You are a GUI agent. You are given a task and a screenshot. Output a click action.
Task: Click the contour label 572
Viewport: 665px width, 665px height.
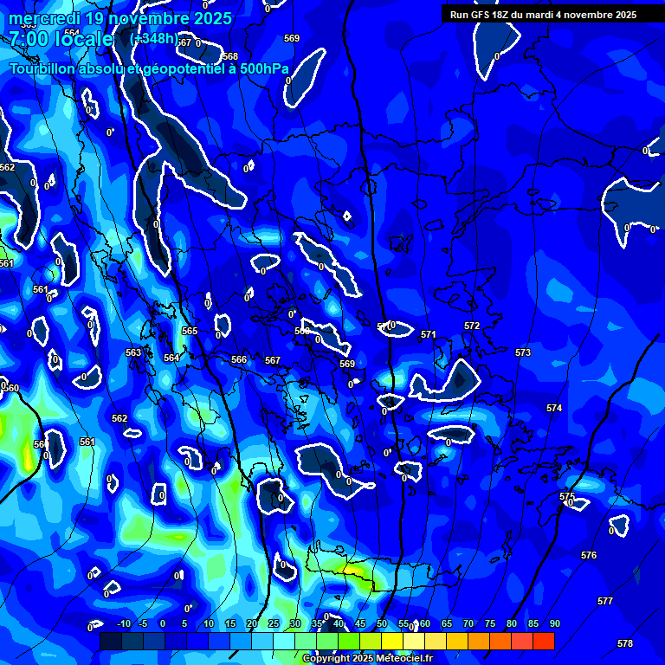[x=471, y=326]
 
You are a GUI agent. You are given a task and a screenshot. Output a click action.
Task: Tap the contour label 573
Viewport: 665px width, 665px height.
[x=522, y=352]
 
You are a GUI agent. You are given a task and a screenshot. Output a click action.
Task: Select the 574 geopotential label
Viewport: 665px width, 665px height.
[x=554, y=407]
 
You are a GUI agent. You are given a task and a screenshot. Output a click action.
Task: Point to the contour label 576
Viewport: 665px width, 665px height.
[x=589, y=555]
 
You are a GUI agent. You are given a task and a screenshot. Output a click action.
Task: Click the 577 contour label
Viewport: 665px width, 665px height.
[x=605, y=601]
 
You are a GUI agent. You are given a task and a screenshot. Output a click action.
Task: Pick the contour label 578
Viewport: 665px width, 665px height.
[x=625, y=643]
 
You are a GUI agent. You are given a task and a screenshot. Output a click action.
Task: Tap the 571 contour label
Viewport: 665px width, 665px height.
[x=428, y=334]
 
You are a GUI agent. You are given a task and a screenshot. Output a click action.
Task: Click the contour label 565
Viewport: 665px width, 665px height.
[x=190, y=331]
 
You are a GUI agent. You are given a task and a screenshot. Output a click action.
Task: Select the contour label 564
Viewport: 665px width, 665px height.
[x=171, y=357]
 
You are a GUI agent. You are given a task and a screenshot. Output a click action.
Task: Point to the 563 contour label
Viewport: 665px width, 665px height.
[x=133, y=352]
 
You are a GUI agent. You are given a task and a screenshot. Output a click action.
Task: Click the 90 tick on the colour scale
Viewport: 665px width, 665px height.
[x=554, y=623]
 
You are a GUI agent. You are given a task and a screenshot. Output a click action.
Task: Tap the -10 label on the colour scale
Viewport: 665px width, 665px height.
[x=123, y=623]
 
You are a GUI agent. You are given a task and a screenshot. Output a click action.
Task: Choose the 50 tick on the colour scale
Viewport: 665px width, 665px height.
[x=382, y=623]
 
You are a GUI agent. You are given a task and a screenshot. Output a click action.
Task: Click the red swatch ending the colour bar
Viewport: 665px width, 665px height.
[x=543, y=641]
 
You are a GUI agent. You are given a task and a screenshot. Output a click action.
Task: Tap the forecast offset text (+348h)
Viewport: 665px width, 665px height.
[x=152, y=38]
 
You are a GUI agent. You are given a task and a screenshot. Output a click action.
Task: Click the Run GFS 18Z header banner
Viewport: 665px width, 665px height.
[x=543, y=15]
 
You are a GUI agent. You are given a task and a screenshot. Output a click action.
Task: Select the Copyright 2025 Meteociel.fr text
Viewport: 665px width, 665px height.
[x=367, y=659]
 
